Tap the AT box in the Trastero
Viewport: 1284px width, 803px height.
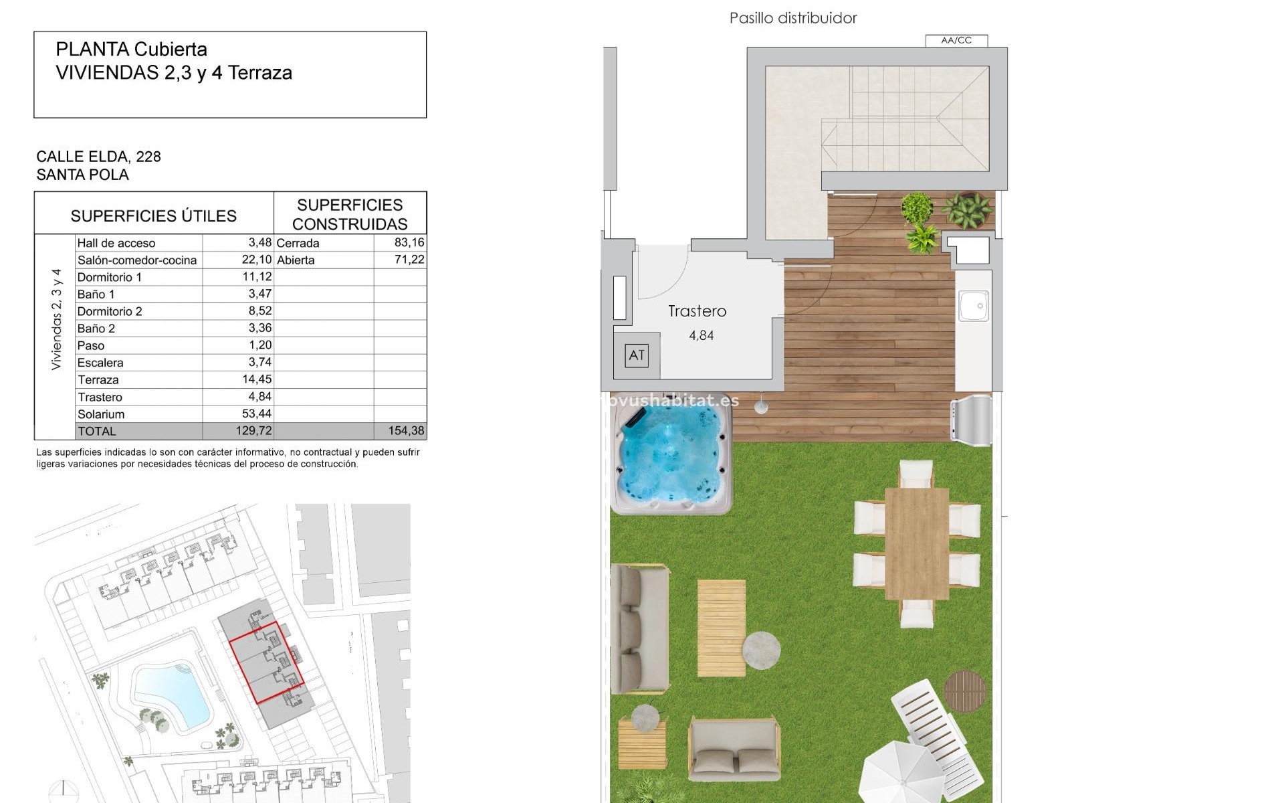[636, 355]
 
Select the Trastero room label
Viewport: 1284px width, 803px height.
[697, 311]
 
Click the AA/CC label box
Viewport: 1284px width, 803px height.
[956, 40]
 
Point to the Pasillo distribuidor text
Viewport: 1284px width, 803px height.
[792, 18]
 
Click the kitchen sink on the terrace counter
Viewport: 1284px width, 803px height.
[973, 306]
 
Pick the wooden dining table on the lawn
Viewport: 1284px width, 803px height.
[916, 543]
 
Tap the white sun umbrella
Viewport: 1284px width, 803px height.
[900, 776]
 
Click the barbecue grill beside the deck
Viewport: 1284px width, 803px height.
[971, 420]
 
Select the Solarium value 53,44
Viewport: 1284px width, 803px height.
[257, 414]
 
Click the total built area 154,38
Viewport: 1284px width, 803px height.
[406, 431]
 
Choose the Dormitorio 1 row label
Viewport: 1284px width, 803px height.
[110, 277]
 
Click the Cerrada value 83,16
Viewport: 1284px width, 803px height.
[409, 242]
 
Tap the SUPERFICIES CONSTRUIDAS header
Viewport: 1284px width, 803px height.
[350, 214]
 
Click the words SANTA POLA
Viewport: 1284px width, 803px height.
[82, 175]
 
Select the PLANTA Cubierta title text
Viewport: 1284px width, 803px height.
[131, 50]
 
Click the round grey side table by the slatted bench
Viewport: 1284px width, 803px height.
[761, 650]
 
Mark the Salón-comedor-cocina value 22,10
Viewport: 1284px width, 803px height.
[257, 260]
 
